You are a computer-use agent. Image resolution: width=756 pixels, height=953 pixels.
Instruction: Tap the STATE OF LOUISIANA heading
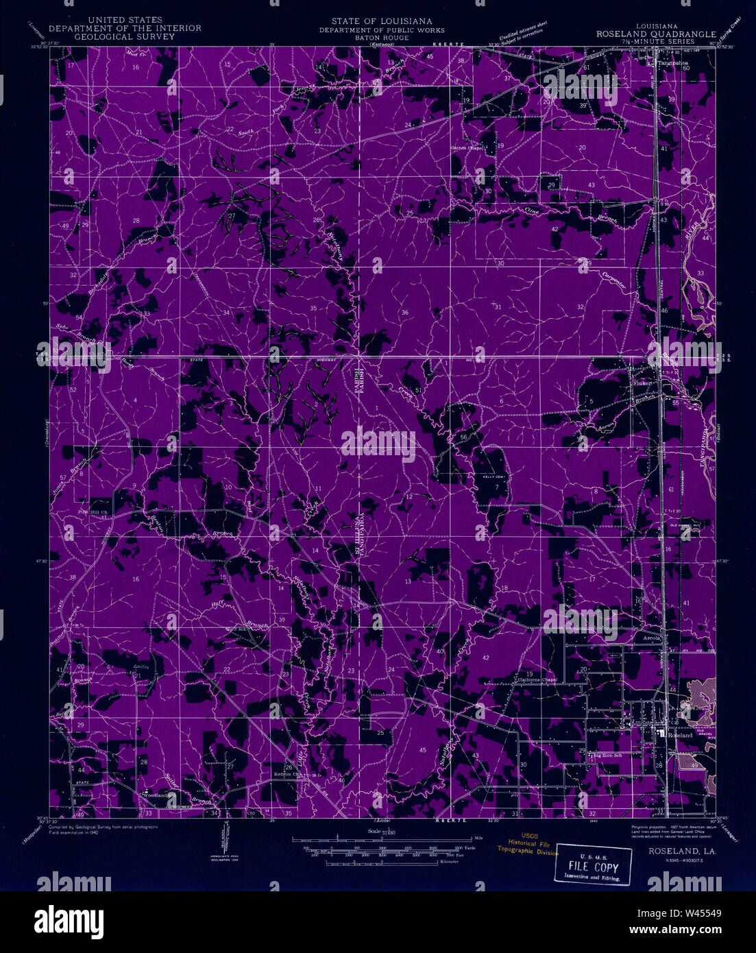[x=381, y=21]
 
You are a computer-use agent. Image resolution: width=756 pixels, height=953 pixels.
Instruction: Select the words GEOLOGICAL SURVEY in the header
[x=125, y=36]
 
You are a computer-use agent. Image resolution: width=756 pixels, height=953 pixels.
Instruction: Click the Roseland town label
[x=680, y=734]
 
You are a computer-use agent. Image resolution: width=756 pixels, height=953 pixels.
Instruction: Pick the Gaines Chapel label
[x=468, y=147]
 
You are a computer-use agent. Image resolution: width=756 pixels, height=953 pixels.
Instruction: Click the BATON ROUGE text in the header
[x=381, y=38]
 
